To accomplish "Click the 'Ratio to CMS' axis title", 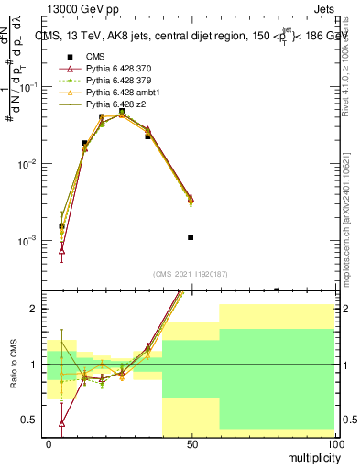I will coord(13,364).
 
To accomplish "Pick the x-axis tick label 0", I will coord(49,444).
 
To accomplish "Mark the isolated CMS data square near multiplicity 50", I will coord(191,237).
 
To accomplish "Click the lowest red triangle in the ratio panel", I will coord(61,423).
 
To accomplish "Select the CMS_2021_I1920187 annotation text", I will coord(191,273).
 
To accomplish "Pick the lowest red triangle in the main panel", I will coord(61,249).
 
